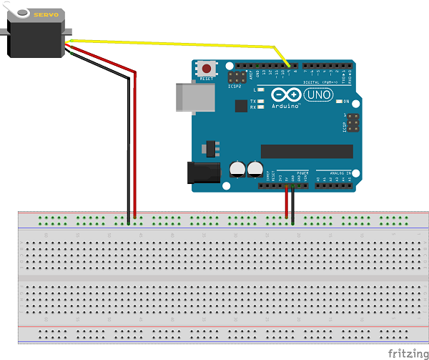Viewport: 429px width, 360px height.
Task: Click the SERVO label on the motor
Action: click(x=45, y=14)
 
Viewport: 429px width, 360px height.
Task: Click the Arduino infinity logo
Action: click(x=284, y=94)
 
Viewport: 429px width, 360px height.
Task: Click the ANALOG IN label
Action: click(x=335, y=172)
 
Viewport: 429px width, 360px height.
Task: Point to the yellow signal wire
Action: click(x=179, y=44)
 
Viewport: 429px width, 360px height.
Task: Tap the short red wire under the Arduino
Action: click(x=286, y=204)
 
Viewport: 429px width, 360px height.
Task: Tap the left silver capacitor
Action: click(x=237, y=169)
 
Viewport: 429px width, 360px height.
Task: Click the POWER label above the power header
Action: click(x=302, y=172)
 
